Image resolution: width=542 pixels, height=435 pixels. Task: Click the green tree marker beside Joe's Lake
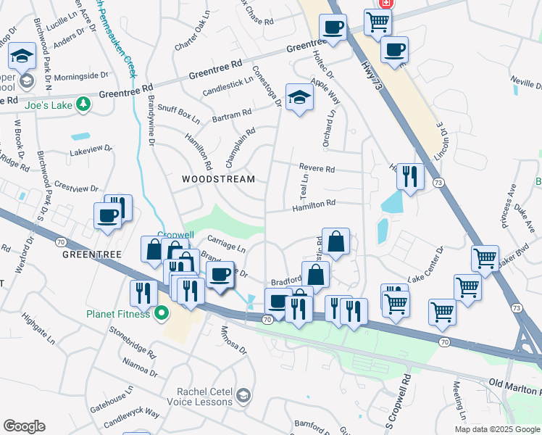[x=85, y=104]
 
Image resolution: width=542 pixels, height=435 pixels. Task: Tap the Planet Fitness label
[x=118, y=314]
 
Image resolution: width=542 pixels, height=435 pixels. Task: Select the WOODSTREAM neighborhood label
[x=218, y=179]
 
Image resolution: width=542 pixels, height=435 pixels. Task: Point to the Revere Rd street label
[x=317, y=169]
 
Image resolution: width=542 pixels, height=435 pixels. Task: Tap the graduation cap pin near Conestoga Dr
[x=299, y=96]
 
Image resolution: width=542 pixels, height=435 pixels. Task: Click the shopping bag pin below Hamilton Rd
[x=336, y=241]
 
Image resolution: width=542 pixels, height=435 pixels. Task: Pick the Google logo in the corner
[x=24, y=426]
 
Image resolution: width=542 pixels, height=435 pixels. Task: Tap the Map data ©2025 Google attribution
[x=497, y=429]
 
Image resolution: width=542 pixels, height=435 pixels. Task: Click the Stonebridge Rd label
[x=133, y=342]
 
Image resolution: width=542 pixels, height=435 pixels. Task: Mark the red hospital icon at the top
[x=386, y=3]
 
